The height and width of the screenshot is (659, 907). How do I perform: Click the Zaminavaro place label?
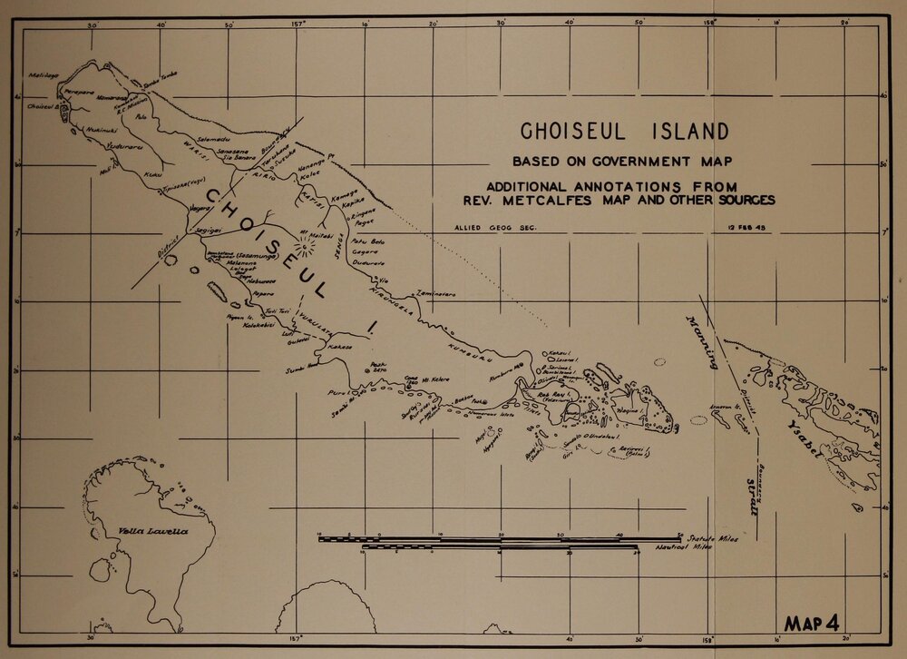436,293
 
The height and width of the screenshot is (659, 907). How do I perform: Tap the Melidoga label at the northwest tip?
43,75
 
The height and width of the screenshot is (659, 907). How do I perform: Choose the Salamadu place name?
214,138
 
